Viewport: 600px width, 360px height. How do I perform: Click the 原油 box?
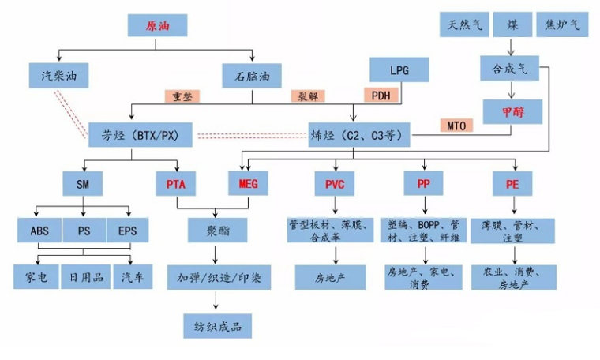click(157, 25)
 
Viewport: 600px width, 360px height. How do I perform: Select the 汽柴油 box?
click(59, 76)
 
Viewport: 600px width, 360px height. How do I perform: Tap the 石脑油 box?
click(252, 76)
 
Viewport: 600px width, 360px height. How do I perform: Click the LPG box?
click(399, 69)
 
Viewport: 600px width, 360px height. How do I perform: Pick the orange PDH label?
click(381, 95)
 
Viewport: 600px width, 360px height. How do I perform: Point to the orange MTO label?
click(456, 126)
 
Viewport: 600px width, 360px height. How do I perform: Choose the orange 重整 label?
click(182, 96)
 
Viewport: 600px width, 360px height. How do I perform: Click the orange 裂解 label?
click(308, 96)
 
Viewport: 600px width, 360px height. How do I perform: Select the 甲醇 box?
click(512, 112)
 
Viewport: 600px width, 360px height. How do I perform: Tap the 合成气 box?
click(510, 69)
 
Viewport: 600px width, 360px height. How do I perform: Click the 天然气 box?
click(464, 24)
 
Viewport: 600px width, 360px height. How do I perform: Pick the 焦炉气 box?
click(562, 24)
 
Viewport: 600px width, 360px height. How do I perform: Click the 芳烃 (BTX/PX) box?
click(141, 135)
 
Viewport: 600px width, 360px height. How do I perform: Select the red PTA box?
click(176, 184)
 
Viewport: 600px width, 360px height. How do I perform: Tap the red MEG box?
click(249, 183)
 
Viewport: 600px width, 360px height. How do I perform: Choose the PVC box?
click(335, 184)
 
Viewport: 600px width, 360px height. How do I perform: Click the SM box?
click(83, 184)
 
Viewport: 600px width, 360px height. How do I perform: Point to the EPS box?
click(127, 231)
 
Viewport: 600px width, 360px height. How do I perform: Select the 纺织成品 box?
click(218, 326)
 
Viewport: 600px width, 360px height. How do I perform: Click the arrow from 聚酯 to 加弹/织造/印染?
click(215, 255)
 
